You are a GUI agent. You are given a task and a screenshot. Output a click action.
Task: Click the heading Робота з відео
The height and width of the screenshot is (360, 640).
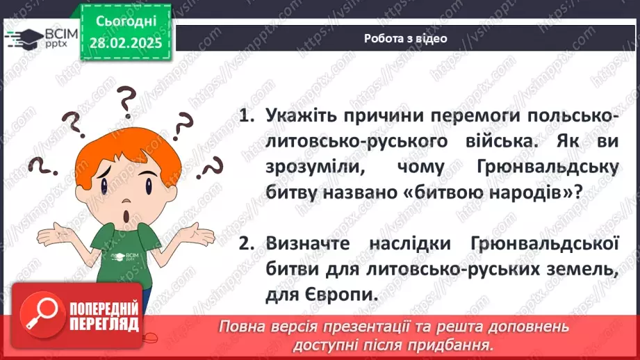(405, 39)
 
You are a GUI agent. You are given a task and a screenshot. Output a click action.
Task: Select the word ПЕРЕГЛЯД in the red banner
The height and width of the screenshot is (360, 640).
(104, 325)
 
